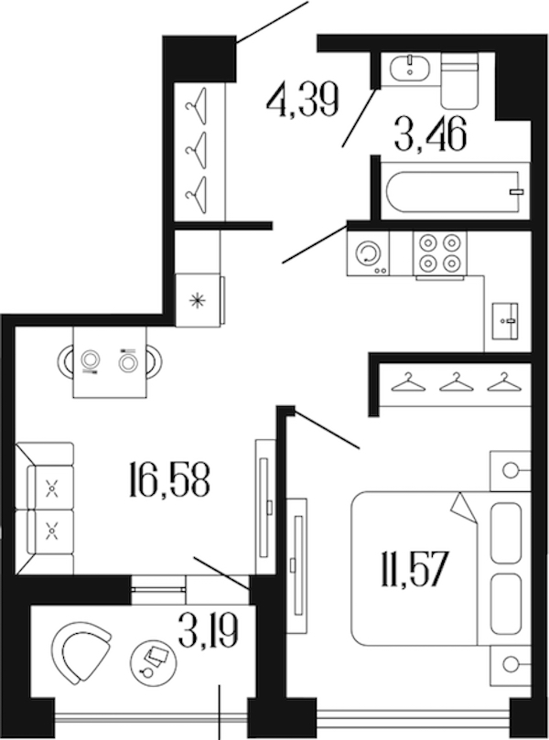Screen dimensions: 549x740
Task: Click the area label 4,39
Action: point(303,101)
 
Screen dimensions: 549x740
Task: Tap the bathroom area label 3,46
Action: point(431,134)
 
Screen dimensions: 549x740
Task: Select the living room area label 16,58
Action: point(168,479)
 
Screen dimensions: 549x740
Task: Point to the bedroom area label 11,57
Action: point(414,570)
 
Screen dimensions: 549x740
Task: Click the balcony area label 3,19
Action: point(209,630)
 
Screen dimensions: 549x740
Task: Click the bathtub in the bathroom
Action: point(455,191)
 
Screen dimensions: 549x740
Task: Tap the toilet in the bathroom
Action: point(459,80)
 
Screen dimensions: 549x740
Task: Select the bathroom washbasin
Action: point(410,69)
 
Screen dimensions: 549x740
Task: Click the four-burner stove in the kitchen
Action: point(440,253)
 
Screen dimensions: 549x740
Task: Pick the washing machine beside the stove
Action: point(368,253)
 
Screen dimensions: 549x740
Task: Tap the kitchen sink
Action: point(505,321)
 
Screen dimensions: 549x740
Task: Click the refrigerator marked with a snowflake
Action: point(199,300)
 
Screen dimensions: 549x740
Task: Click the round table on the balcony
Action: point(154,660)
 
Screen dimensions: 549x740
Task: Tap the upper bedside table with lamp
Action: point(510,470)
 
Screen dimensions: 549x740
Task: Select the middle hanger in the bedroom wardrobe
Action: point(456,381)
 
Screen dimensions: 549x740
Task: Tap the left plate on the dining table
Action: point(91,361)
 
